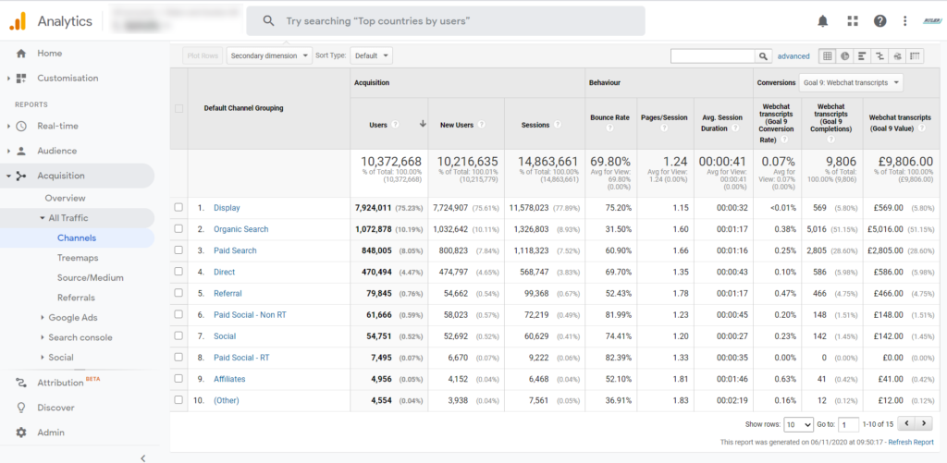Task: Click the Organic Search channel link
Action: tap(240, 229)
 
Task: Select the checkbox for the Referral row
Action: tap(178, 294)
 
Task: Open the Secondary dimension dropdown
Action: tap(269, 55)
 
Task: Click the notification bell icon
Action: tap(822, 21)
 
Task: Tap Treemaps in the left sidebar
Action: tap(78, 258)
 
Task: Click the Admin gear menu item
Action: tap(51, 433)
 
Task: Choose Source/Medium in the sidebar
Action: tap(90, 277)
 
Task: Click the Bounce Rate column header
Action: tap(609, 117)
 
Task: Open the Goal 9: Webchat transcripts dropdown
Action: tap(850, 83)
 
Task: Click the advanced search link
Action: tap(793, 56)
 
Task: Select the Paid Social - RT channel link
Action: tap(241, 358)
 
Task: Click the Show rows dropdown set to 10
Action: tap(797, 424)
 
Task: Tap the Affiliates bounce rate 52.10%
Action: tap(617, 379)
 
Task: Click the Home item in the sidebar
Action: tap(49, 54)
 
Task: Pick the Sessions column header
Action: tap(535, 125)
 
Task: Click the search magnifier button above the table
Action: tap(764, 56)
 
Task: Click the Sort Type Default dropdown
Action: tap(372, 55)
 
